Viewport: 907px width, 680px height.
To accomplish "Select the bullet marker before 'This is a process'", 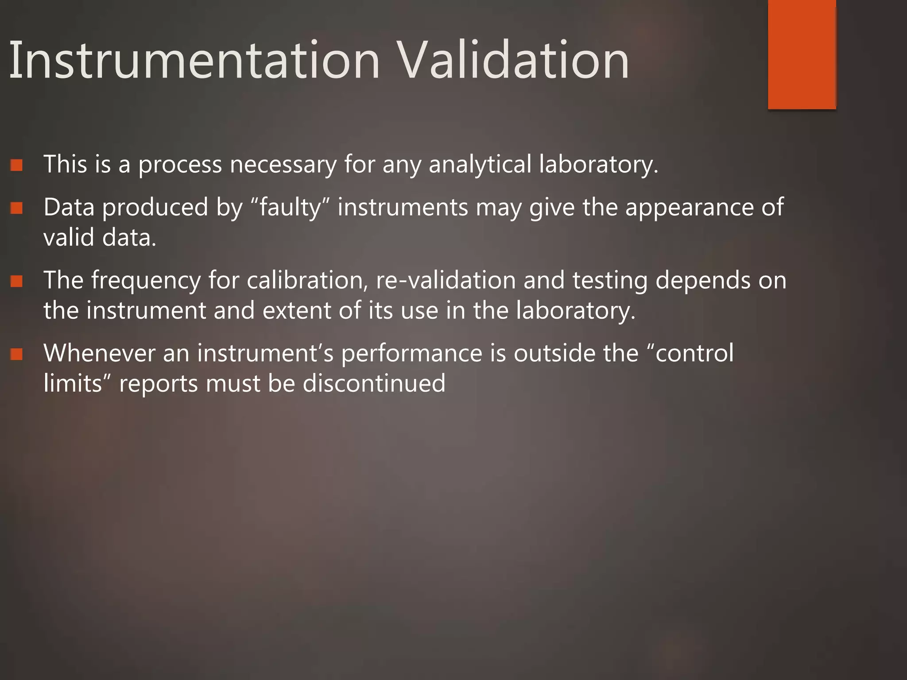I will (x=16, y=166).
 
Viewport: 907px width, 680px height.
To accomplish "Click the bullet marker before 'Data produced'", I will (x=16, y=208).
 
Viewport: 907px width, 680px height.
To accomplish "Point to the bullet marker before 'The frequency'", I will (x=16, y=281).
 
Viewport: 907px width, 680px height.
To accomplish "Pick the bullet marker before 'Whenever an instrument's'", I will (x=16, y=354).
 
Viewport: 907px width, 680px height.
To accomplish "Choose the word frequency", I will (x=146, y=281).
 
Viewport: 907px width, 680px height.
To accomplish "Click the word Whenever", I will (x=99, y=353).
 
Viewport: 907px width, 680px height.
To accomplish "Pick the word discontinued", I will (x=374, y=383).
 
